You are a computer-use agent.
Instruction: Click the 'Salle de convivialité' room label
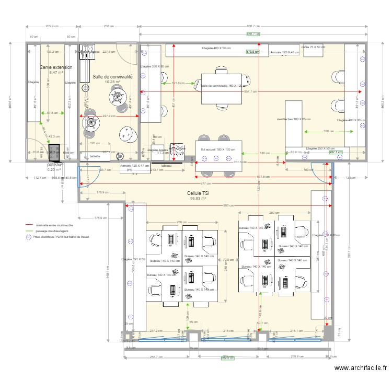point(113,76)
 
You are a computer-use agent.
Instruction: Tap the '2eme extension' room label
point(56,67)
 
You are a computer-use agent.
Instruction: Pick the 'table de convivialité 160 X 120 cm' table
point(224,86)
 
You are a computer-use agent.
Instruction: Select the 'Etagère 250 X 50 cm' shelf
point(320,148)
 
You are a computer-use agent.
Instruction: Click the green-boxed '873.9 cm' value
point(252,52)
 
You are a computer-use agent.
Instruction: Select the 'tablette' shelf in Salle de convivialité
point(95,156)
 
